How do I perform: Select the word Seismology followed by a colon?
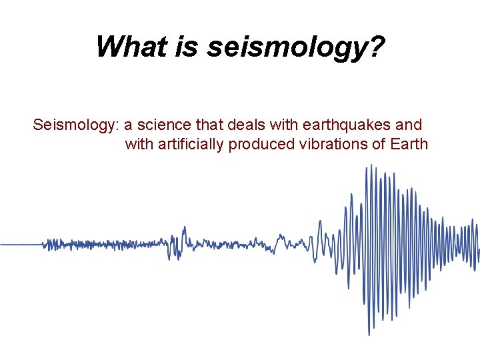point(75,125)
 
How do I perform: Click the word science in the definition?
point(164,125)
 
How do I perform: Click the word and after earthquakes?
point(409,125)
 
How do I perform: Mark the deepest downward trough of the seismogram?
point(369,334)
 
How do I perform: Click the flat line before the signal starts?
point(20,245)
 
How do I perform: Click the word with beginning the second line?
point(138,144)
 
